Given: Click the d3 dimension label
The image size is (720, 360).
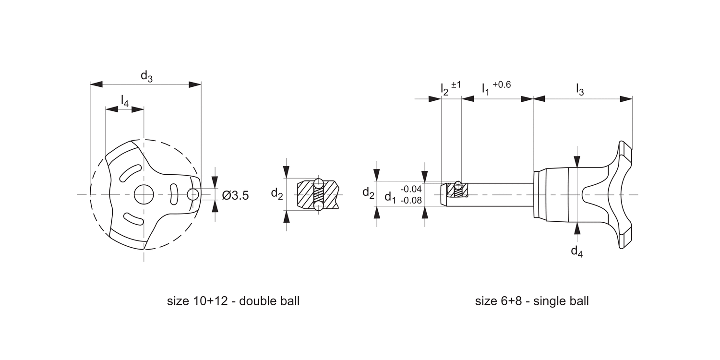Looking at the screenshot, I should coord(146,76).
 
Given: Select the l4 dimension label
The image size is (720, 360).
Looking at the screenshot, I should coord(124,101).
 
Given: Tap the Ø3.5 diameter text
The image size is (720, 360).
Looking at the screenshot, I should coord(235,195).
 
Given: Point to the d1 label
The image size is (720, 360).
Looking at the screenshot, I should coord(390,197).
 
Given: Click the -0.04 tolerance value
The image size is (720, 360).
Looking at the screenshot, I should coord(411,189).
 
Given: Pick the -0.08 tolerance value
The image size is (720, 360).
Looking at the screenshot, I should coord(411,200).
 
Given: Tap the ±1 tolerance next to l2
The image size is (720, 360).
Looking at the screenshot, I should coord(456,84).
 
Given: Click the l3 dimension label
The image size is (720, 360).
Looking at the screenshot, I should coord(580,90).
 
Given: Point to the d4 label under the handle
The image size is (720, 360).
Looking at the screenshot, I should coord(576,251).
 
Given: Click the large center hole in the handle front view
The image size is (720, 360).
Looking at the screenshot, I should coord(144,194).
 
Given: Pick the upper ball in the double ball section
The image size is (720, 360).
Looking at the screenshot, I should coord(319,182).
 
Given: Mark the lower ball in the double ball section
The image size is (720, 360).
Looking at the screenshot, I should coord(319,206).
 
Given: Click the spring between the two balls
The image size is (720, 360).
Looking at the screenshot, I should coord(319,194).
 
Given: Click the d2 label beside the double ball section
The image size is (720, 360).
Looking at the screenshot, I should coord(276,193).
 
